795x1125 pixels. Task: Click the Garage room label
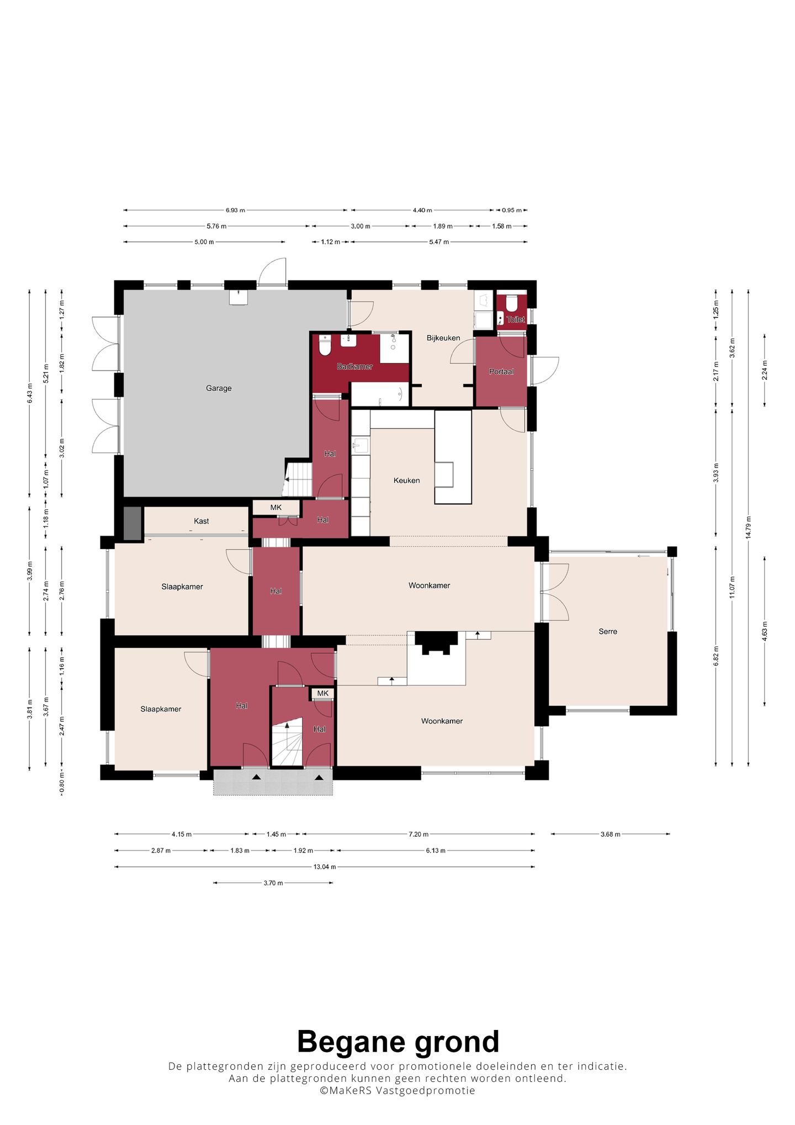[219, 388]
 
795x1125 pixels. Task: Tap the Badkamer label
[354, 366]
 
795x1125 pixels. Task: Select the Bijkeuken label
[443, 338]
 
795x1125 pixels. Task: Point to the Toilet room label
[516, 319]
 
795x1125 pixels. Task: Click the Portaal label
[501, 372]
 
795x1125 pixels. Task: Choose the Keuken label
[407, 480]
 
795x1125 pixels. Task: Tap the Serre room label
[608, 631]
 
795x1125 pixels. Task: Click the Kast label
[202, 521]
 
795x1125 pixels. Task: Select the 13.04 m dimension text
[325, 867]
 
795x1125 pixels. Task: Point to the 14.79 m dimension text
[749, 527]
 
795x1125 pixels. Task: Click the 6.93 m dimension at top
[235, 210]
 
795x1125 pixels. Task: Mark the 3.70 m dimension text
[273, 883]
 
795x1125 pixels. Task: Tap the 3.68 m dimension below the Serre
[610, 834]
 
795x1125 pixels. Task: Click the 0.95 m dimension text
[512, 210]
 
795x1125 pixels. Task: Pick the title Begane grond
[398, 1042]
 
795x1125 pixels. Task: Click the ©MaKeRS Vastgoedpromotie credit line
[397, 1090]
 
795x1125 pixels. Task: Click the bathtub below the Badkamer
[380, 394]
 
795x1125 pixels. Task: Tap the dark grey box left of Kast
[132, 523]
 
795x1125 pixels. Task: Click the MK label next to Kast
[276, 508]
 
